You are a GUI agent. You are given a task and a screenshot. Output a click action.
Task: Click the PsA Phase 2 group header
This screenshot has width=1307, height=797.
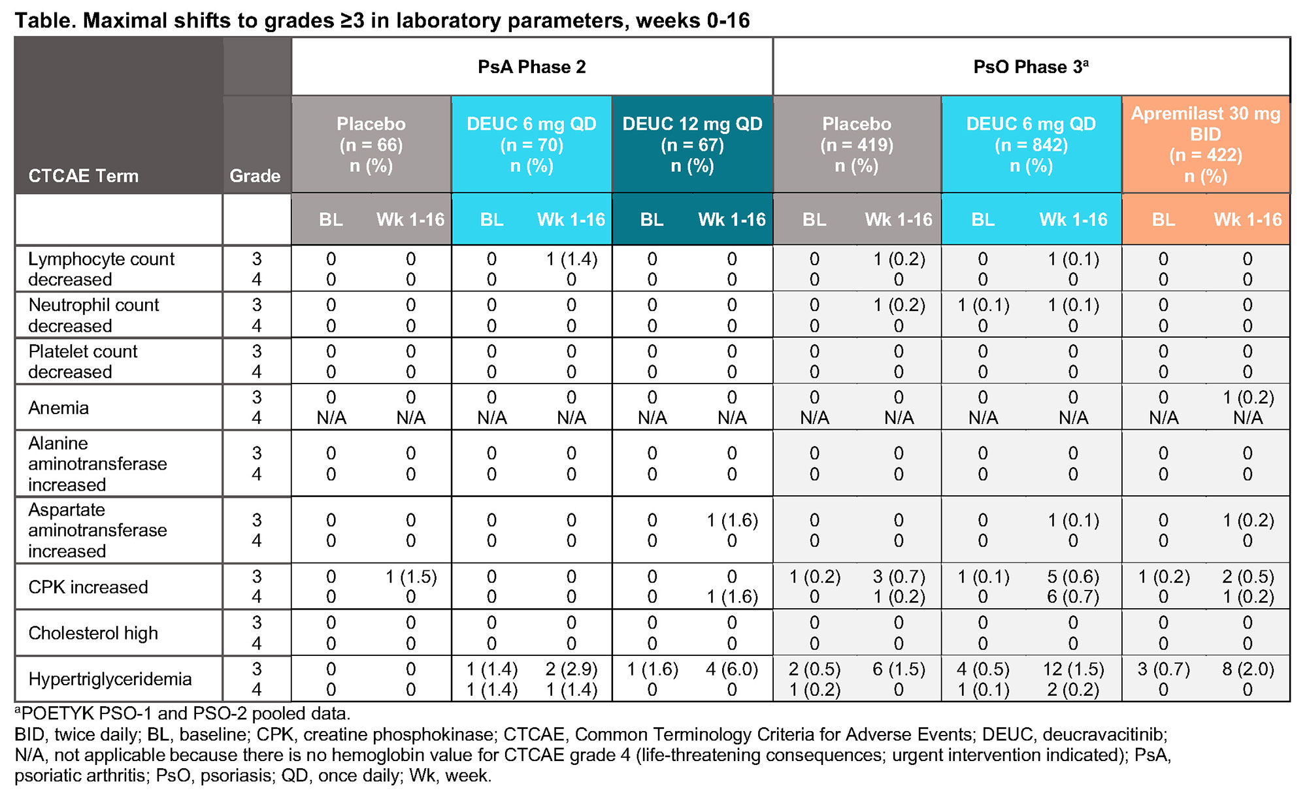[x=531, y=67]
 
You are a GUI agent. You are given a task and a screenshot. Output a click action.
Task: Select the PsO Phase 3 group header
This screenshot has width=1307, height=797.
[x=1031, y=67]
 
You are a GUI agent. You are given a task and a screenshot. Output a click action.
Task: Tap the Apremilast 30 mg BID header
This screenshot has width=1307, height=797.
[x=1205, y=144]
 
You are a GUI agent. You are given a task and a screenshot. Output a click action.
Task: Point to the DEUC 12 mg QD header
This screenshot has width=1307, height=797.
[x=692, y=144]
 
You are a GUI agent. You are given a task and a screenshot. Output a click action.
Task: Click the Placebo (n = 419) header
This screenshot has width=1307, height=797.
[x=856, y=144]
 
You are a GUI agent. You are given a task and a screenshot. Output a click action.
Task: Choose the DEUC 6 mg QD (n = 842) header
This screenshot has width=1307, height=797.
[x=1031, y=144]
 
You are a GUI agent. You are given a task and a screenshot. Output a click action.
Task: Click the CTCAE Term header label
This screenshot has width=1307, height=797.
[x=83, y=176]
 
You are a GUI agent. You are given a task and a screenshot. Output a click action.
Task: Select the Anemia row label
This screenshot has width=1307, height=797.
[x=58, y=408]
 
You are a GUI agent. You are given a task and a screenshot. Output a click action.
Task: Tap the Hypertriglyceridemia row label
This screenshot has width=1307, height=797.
[x=110, y=679]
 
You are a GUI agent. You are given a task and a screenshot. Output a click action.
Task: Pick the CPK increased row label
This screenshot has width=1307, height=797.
[x=88, y=587]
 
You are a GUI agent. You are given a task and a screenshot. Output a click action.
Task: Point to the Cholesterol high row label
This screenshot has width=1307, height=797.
[x=93, y=633]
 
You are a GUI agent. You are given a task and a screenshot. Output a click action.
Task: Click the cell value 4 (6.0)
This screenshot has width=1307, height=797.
[x=731, y=669]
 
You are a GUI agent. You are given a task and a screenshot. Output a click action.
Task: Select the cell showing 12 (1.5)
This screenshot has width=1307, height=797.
[x=1073, y=669]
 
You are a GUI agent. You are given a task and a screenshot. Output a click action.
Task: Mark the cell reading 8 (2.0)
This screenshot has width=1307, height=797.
[x=1248, y=669]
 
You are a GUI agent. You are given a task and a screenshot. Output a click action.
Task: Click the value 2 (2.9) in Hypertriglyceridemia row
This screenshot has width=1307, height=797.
[x=571, y=669]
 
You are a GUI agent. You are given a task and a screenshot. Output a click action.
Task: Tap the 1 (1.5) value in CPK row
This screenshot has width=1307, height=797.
[x=410, y=577]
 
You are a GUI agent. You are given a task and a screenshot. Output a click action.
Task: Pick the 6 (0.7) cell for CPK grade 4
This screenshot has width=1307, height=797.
[x=1073, y=596]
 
